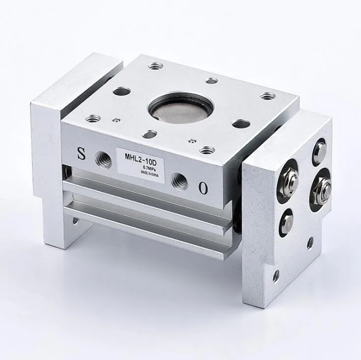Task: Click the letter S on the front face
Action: [81, 153]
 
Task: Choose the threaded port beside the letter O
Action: [179, 181]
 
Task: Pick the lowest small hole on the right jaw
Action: [276, 276]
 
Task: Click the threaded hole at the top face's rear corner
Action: [156, 65]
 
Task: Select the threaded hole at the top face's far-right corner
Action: [267, 96]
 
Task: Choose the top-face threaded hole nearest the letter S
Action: [92, 119]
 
